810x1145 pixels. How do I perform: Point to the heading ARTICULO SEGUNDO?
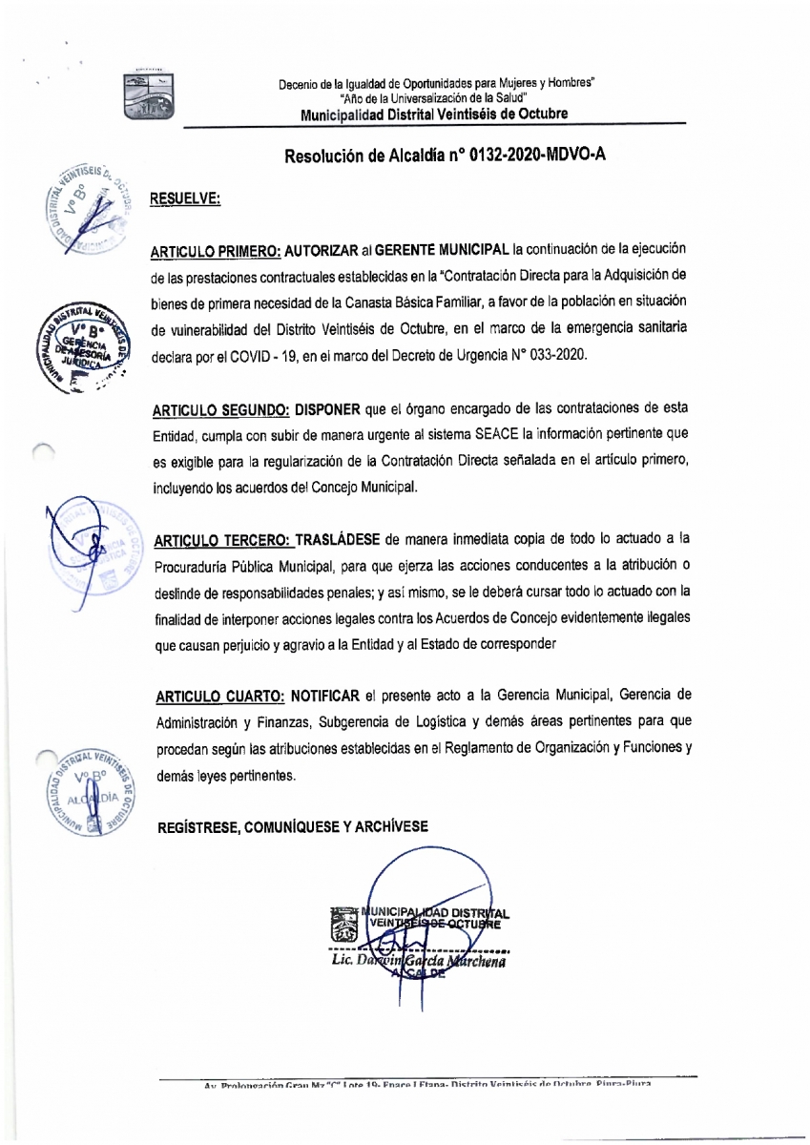pos(219,410)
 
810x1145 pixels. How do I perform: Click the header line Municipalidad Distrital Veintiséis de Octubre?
pos(434,114)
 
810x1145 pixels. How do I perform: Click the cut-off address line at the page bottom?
pos(427,1086)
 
